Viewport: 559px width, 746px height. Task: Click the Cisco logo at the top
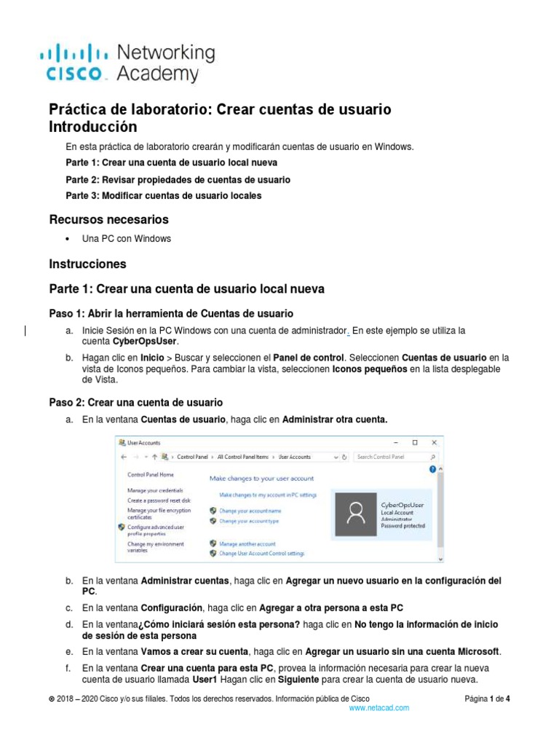click(127, 63)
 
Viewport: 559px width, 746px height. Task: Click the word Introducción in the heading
click(92, 127)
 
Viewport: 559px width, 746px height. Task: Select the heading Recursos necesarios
click(108, 219)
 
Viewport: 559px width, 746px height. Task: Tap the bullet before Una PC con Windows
click(68, 239)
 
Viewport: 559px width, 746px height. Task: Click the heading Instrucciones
click(87, 264)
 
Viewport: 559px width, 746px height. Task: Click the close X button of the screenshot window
click(435, 442)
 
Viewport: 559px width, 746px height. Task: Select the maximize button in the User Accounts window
click(415, 442)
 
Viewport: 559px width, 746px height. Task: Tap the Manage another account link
click(247, 543)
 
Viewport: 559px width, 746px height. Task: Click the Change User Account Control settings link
click(261, 554)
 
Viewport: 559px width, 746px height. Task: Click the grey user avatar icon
click(356, 514)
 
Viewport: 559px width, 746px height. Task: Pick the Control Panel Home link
click(151, 474)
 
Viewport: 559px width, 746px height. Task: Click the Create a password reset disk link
click(159, 500)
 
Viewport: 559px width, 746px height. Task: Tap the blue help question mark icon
click(432, 470)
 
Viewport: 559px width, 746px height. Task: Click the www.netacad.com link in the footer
click(379, 707)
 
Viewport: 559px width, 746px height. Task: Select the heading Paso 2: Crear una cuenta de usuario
click(135, 402)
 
